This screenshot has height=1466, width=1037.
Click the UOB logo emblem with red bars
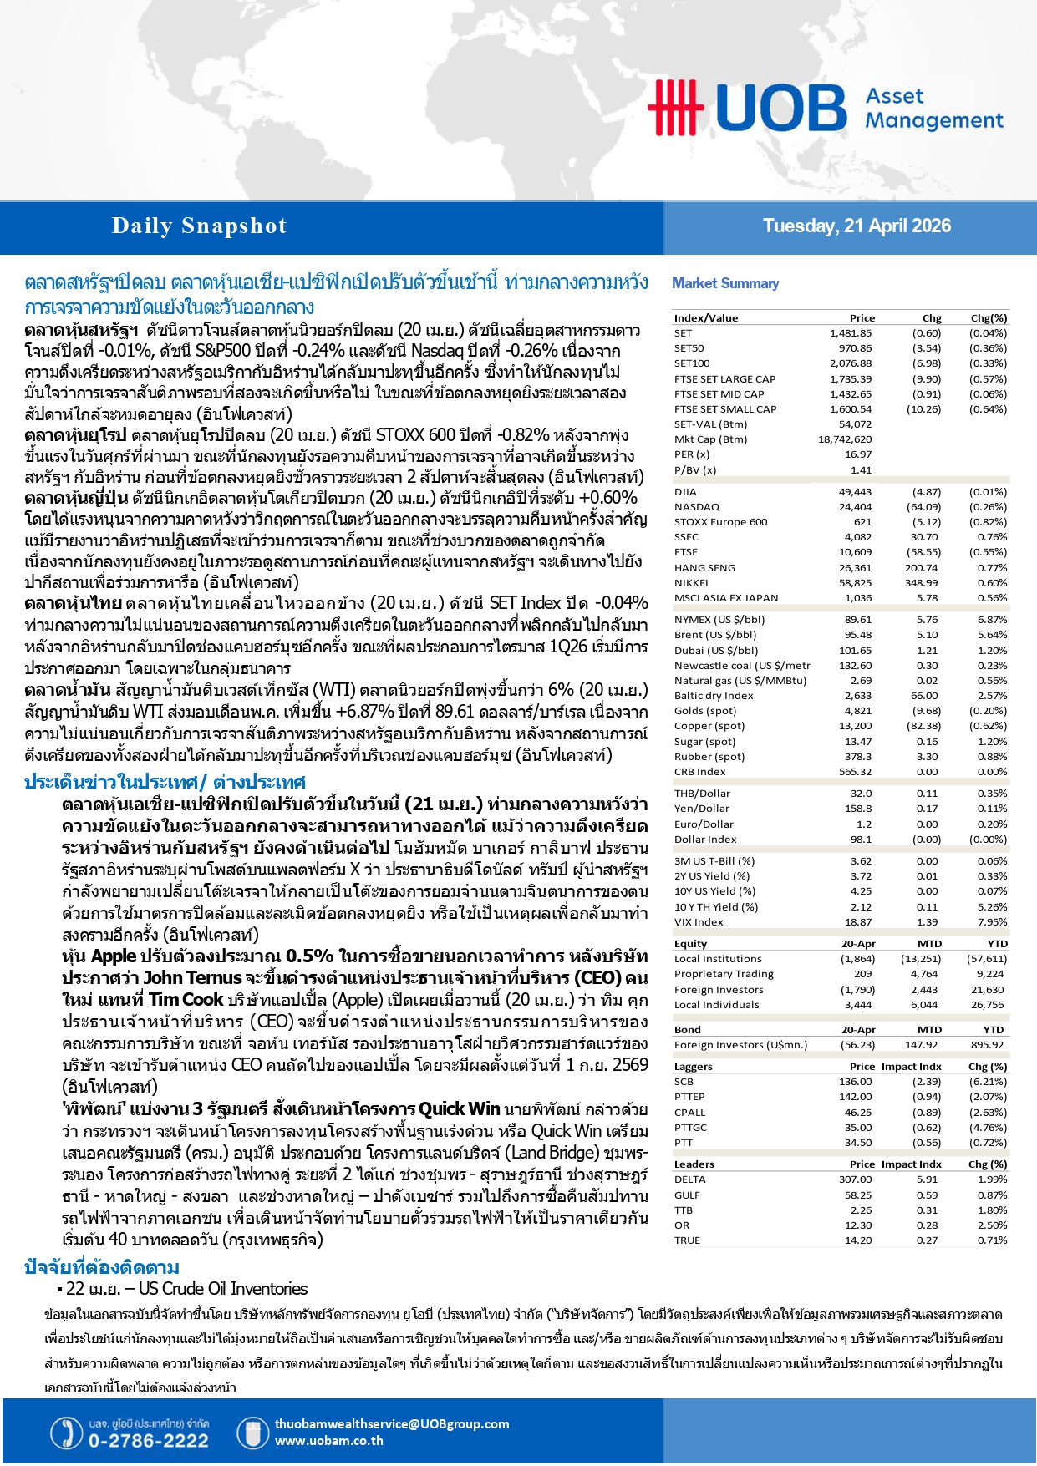(x=675, y=107)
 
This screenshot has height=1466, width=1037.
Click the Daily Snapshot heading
(x=199, y=226)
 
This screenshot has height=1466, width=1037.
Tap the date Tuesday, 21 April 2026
(x=857, y=226)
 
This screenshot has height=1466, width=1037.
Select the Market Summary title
(x=725, y=283)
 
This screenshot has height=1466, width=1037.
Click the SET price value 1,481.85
(x=851, y=333)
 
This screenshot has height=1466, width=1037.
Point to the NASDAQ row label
(x=697, y=507)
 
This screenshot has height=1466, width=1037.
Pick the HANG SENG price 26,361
(x=855, y=568)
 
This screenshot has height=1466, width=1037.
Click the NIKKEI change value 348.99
(x=921, y=583)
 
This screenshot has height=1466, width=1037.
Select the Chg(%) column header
(x=989, y=318)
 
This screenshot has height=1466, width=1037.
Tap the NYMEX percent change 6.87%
(x=992, y=620)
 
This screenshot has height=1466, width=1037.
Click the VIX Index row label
(x=699, y=922)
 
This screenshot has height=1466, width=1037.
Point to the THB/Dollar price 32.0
(x=861, y=794)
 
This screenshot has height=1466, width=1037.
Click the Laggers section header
(x=694, y=1067)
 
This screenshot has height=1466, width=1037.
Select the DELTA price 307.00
(x=855, y=1179)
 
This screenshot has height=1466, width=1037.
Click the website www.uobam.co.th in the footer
(x=328, y=1441)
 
